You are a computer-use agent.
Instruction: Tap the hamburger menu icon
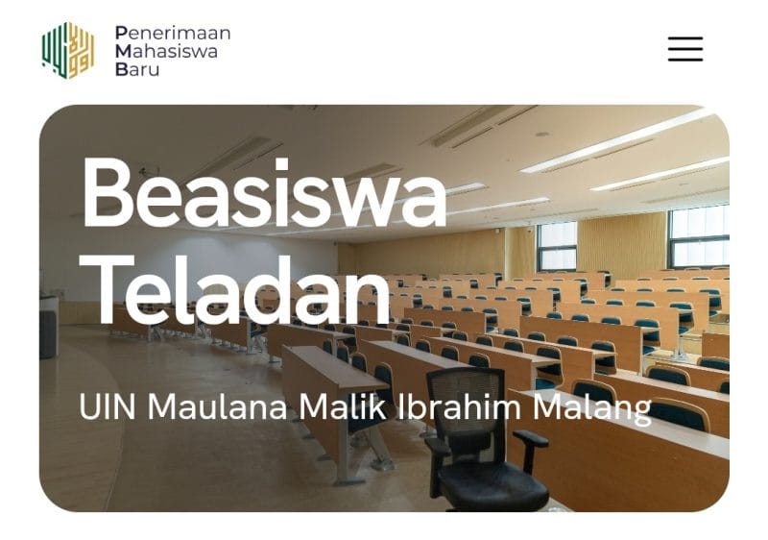(685, 48)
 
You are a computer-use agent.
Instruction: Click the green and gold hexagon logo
(68, 51)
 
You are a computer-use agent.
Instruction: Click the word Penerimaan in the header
(173, 33)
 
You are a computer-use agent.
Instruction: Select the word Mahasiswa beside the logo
(166, 51)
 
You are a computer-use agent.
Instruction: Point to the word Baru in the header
(137, 69)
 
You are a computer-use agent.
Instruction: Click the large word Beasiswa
(265, 193)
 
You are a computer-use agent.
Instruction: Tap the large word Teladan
(234, 290)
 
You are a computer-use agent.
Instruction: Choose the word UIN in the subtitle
(107, 406)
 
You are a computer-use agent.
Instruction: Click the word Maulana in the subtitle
(217, 406)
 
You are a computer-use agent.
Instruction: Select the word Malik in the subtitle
(343, 406)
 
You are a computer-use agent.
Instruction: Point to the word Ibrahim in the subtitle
(459, 406)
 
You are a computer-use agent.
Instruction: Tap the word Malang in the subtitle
(592, 408)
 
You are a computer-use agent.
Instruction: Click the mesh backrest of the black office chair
(466, 398)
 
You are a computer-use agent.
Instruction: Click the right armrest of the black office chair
(531, 437)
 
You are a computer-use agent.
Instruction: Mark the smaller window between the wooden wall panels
(557, 247)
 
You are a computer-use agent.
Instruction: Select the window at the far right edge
(699, 237)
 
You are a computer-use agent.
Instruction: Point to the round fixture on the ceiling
(541, 134)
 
